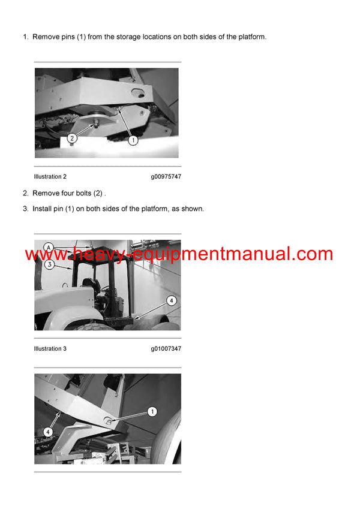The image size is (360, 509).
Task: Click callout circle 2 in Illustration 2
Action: tap(72, 138)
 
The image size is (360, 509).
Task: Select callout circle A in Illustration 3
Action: tap(49, 246)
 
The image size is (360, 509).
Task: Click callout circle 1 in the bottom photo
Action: tap(152, 411)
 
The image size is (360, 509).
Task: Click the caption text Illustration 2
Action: tap(50, 177)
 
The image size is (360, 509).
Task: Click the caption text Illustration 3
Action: tap(50, 349)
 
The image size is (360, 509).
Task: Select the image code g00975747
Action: tap(166, 177)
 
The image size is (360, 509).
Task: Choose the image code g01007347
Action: tap(166, 349)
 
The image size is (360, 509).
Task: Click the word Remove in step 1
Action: tap(46, 37)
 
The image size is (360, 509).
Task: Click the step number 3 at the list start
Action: tap(25, 209)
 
